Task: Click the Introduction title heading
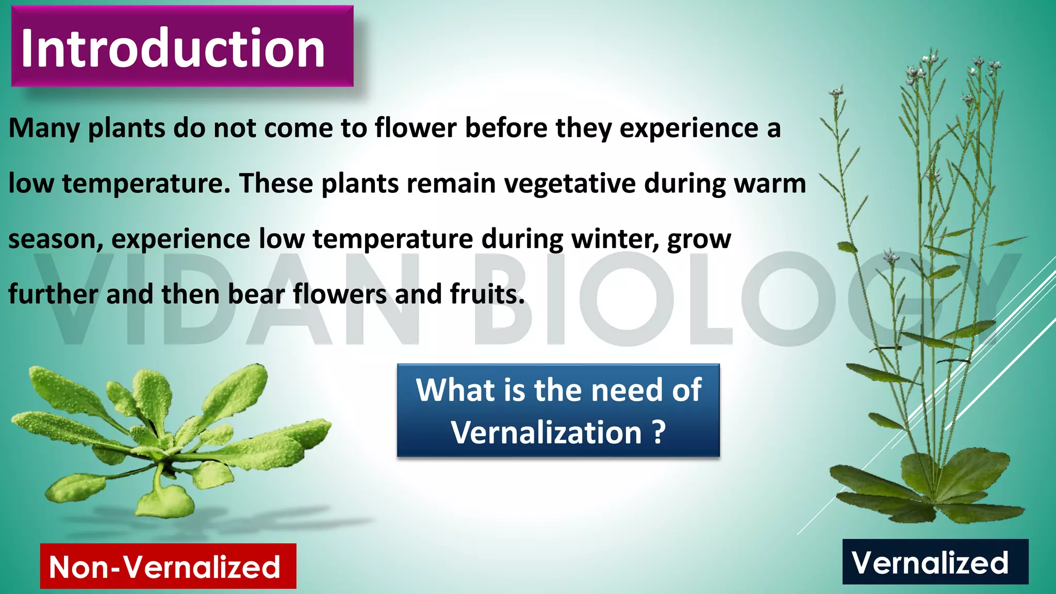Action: [173, 47]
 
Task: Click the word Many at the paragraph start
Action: [44, 128]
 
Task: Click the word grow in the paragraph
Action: [699, 240]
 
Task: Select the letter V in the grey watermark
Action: [77, 299]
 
